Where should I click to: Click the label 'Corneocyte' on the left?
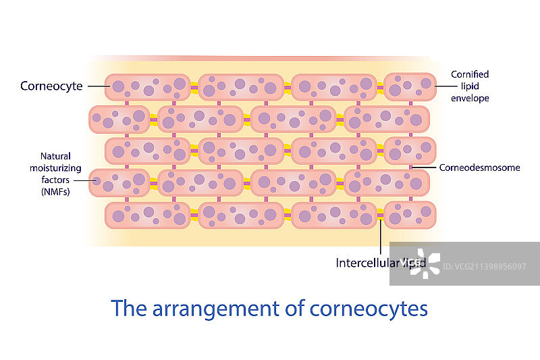point(51,86)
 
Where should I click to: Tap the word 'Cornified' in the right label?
point(470,74)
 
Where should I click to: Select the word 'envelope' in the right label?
point(470,98)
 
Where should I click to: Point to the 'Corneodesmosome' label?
point(479,168)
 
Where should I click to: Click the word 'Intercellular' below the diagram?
point(366,263)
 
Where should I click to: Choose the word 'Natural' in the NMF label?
point(55,156)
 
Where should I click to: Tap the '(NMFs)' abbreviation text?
point(55,192)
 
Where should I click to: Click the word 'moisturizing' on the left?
point(55,168)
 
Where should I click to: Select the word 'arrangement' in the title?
point(215,308)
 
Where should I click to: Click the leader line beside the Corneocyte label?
point(96,86)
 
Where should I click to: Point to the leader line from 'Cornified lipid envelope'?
point(443,86)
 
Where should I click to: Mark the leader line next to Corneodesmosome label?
point(425,167)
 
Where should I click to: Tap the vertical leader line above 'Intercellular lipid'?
point(381,236)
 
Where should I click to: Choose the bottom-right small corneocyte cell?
point(409,215)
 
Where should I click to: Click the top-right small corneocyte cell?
point(409,86)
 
